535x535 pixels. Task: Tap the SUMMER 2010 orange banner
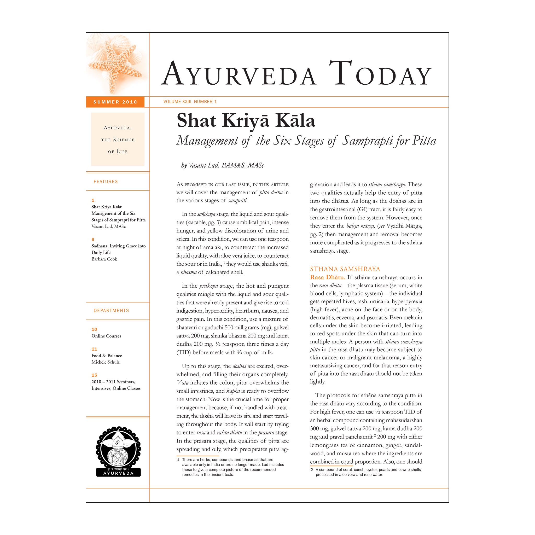coord(115,102)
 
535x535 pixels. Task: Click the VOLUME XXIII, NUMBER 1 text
coord(190,102)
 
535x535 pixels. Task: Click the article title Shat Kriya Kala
coord(246,121)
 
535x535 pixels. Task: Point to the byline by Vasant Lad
coord(223,165)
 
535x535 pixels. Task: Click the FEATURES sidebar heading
coord(106,181)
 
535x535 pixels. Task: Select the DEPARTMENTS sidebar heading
coord(111,310)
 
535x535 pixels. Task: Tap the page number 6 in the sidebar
coord(93,240)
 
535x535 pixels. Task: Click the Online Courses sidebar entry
coord(106,336)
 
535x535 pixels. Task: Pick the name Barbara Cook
coord(104,259)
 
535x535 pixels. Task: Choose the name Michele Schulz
coord(106,362)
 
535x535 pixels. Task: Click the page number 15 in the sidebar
coord(94,375)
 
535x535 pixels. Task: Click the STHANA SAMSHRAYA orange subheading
coord(345,269)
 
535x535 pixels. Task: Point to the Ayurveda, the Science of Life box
coord(118,139)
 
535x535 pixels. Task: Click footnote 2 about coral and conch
coord(365,472)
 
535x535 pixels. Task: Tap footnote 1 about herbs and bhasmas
coord(230,467)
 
